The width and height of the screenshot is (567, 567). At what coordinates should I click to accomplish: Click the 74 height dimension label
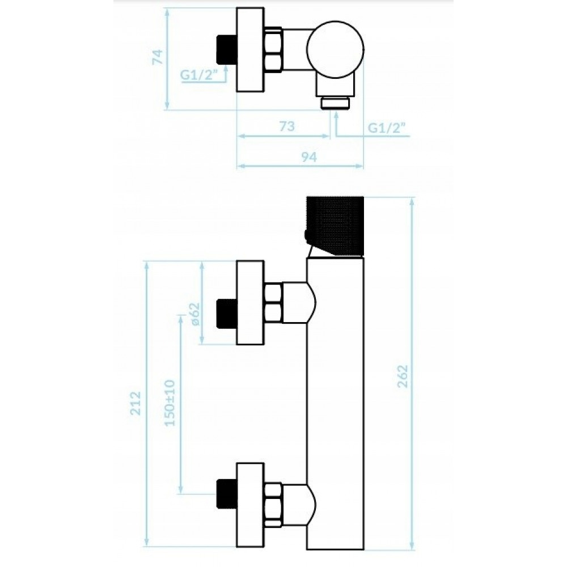coord(158,57)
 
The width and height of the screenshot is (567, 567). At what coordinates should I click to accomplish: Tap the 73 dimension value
coord(287,126)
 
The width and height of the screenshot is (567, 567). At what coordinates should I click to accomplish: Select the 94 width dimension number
coord(308,157)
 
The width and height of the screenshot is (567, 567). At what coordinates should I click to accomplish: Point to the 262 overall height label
coord(403,376)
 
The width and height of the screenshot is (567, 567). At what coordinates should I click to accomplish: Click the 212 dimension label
coord(136,403)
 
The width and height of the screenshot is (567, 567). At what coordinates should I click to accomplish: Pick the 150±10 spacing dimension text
coord(170,403)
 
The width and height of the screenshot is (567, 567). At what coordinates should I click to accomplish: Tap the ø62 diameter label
coord(195,314)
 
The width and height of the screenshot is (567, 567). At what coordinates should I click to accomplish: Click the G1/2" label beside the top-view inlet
coord(199,75)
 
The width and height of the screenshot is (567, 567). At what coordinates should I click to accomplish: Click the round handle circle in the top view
coord(335,50)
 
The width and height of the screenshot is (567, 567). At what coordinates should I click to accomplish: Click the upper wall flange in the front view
coord(250,302)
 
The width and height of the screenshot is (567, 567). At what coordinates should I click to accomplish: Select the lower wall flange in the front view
coord(250,505)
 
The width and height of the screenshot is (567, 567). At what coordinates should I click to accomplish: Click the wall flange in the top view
coord(250,50)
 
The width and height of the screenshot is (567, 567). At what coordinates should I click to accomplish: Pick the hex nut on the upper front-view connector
coord(273,303)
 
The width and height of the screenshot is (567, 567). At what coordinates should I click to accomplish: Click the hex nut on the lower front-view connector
coord(273,505)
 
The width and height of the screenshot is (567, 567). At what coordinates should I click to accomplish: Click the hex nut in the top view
coord(273,50)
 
